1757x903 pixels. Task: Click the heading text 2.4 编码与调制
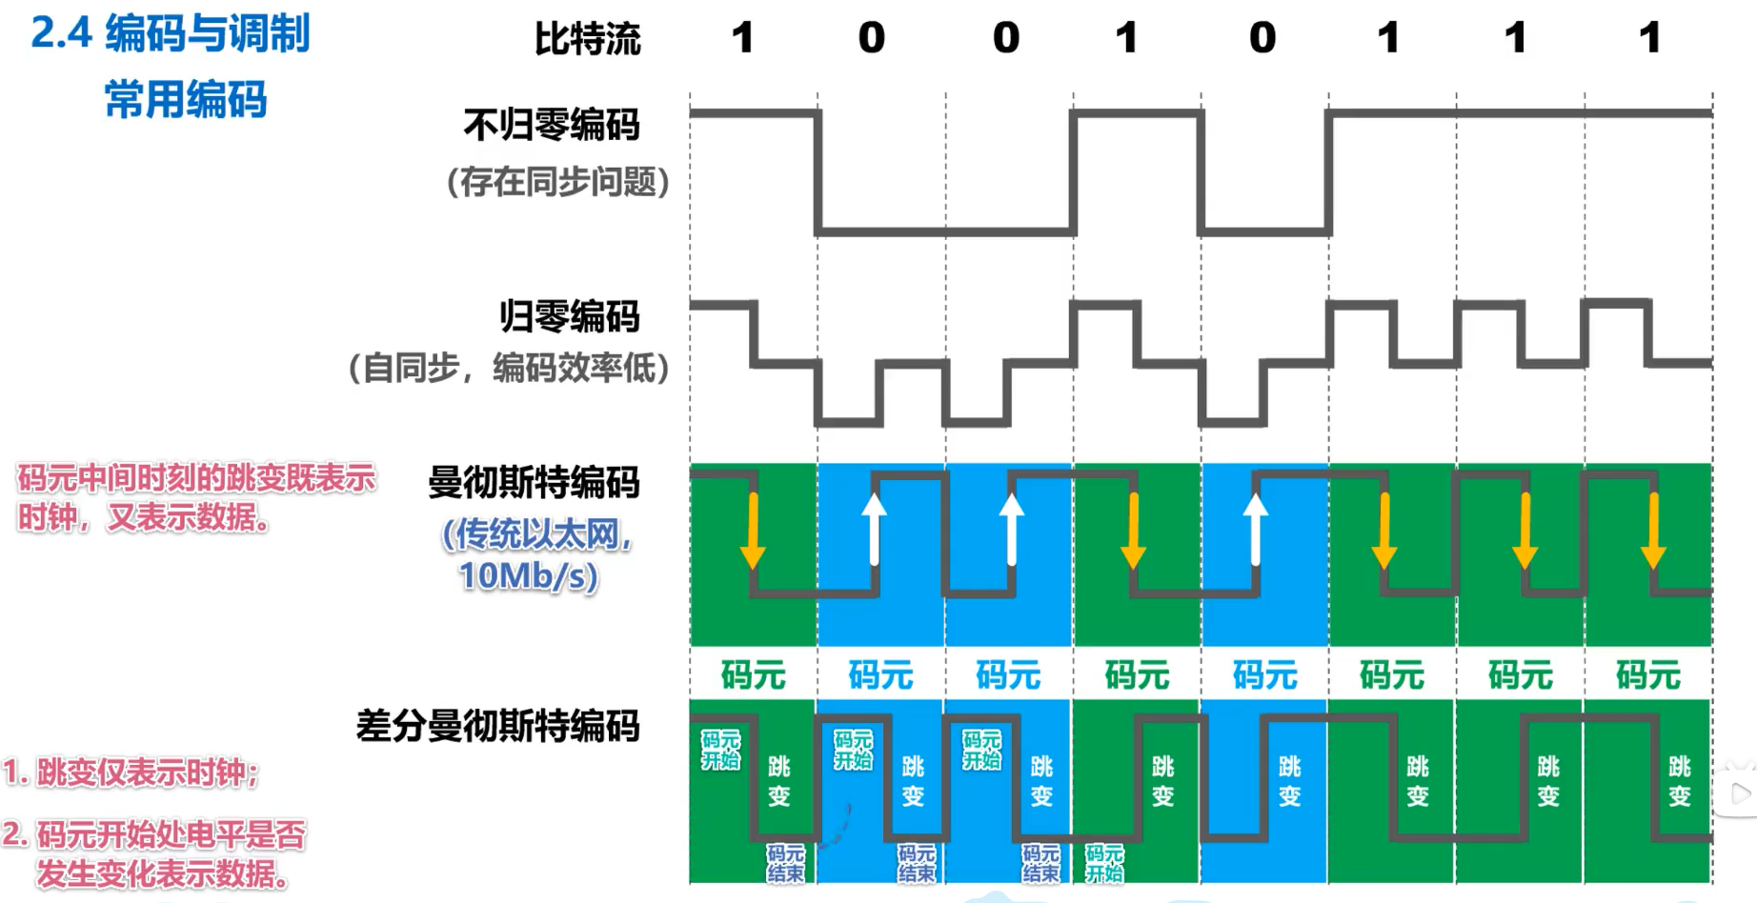[x=171, y=33]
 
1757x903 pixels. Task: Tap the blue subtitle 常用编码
[x=186, y=99]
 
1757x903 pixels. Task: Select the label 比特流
[x=587, y=39]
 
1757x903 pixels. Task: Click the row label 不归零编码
[x=551, y=125]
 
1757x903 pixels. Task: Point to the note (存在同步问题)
[x=558, y=181]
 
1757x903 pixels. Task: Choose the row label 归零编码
[x=570, y=316]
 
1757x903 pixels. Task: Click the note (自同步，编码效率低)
[x=509, y=368]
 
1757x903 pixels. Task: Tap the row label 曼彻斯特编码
[x=534, y=483]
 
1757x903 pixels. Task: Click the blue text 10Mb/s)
[x=529, y=575]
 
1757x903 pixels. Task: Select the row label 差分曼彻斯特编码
[x=497, y=726]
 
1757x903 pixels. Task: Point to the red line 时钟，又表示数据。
[x=144, y=517]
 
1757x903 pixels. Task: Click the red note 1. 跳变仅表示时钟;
[x=131, y=773]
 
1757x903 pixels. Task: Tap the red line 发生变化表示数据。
[x=162, y=873]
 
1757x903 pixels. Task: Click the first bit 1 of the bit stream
[x=743, y=38]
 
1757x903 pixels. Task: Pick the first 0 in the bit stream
[x=871, y=38]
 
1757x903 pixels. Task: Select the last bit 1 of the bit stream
[x=1650, y=38]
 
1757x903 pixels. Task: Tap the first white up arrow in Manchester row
[x=874, y=529]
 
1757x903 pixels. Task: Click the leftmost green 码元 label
[x=753, y=675]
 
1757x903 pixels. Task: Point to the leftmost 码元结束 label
[x=785, y=863]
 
